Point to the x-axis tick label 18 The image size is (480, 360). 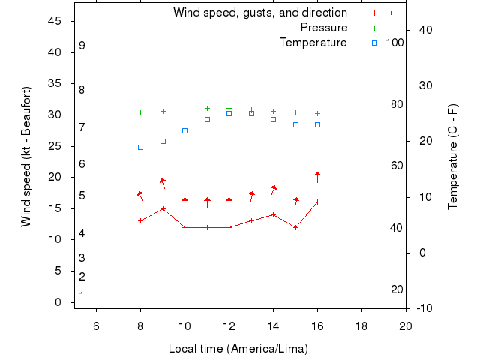click(361, 325)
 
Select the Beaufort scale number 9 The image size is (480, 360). click(82, 46)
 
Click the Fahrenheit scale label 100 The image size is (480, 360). click(394, 43)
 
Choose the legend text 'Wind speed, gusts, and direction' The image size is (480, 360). click(259, 13)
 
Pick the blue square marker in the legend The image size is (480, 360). click(375, 43)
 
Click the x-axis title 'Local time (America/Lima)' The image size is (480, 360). click(238, 349)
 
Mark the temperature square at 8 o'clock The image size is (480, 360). click(140, 147)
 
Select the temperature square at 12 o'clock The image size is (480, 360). click(229, 113)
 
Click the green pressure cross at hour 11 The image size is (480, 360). click(207, 109)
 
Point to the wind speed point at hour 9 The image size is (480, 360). click(163, 208)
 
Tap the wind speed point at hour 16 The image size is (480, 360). click(317, 202)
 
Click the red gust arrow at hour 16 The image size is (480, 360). click(317, 175)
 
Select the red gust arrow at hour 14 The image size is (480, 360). click(274, 188)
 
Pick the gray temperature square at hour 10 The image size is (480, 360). click(184, 130)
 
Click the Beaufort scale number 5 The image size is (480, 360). click(82, 196)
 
